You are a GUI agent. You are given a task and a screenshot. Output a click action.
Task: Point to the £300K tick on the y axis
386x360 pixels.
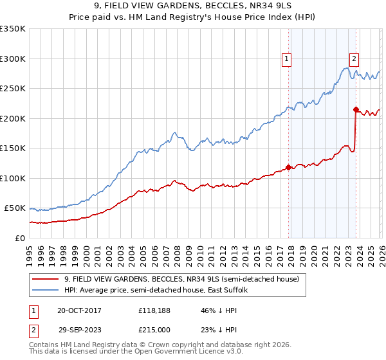13,59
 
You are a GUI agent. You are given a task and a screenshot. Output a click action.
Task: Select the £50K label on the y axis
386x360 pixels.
15,208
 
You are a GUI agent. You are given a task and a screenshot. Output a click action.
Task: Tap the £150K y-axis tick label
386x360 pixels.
13,148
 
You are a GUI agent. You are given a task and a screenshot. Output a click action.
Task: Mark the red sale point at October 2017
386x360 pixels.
288,167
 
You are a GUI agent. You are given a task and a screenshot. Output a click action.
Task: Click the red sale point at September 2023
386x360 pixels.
355,109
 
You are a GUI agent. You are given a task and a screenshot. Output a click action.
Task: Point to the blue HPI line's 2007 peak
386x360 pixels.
174,133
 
